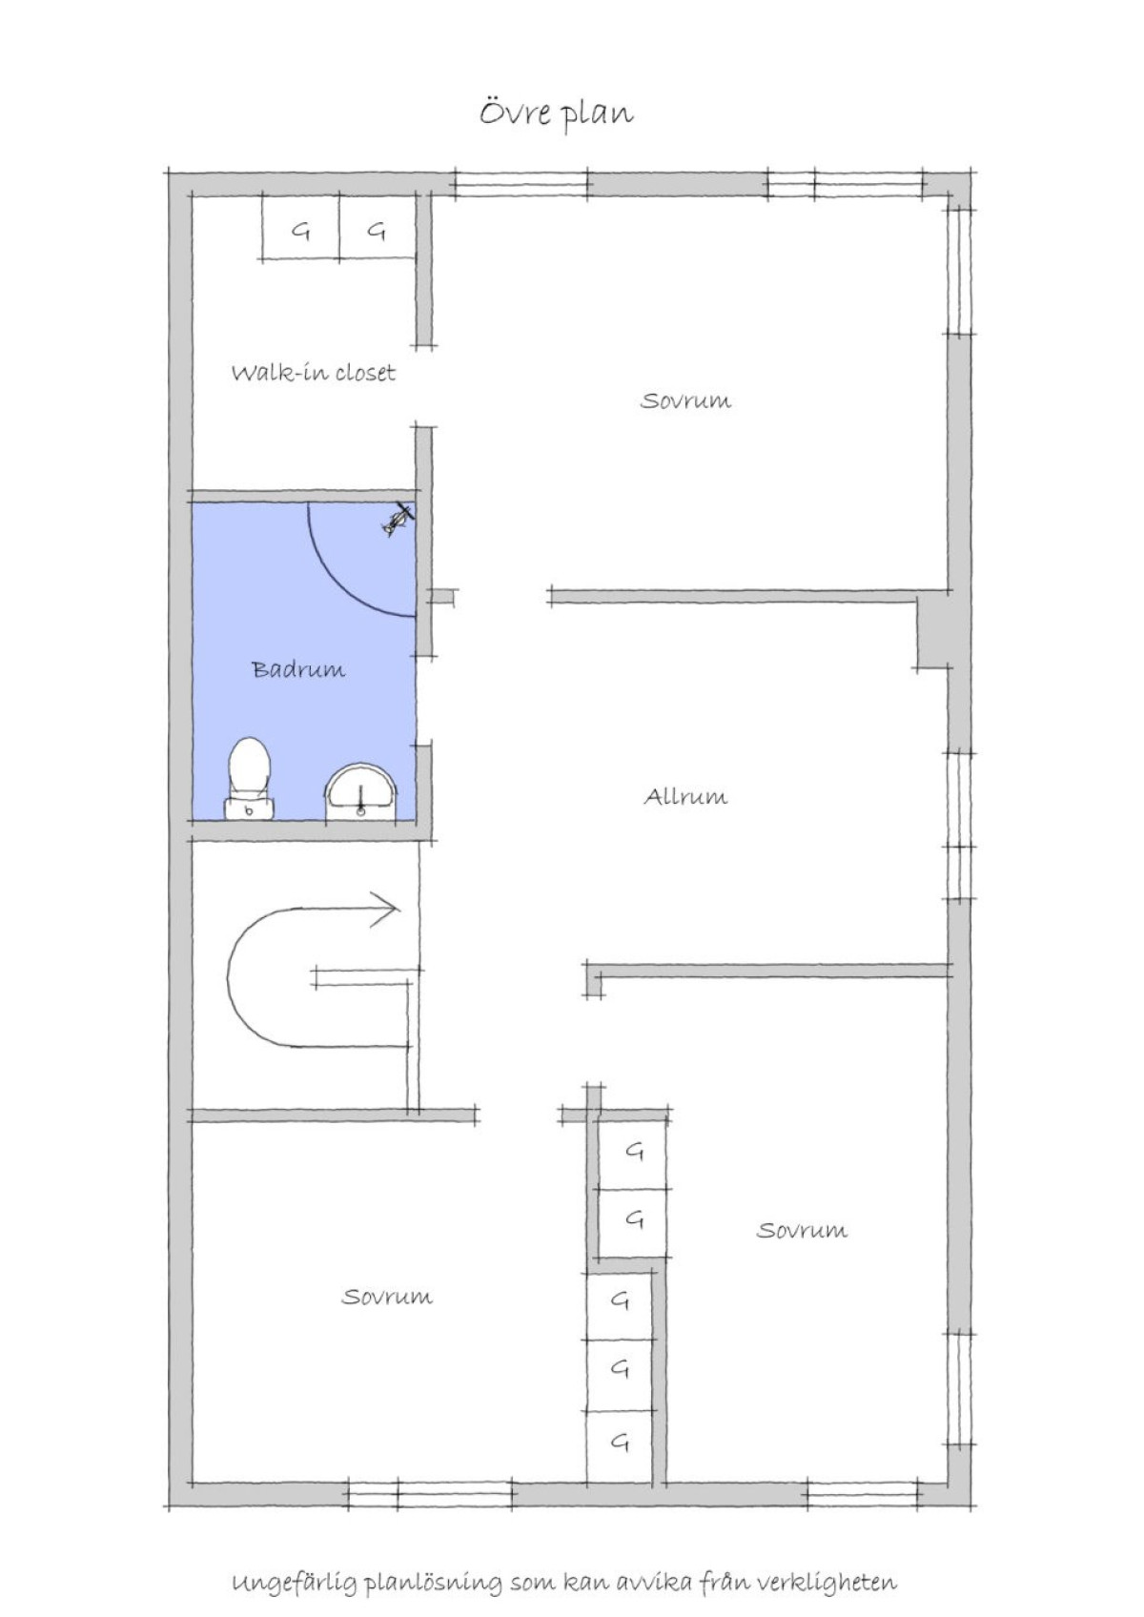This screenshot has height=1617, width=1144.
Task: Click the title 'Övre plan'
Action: point(557,114)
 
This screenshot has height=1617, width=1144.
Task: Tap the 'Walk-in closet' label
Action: point(314,373)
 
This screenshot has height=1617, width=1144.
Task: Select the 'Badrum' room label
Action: point(298,669)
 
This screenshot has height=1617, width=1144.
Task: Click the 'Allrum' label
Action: point(685,797)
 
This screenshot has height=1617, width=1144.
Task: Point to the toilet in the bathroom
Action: point(249,778)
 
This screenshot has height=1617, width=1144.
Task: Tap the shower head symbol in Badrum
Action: point(398,520)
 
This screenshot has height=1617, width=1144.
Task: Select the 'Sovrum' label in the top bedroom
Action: point(685,399)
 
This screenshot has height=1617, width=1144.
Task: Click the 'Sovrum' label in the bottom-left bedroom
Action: point(387,1298)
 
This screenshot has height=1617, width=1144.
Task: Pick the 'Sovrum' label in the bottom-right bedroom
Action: point(802,1230)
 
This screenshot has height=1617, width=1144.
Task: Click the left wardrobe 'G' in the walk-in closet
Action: point(301,232)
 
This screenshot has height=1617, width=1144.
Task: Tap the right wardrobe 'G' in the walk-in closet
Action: point(376,232)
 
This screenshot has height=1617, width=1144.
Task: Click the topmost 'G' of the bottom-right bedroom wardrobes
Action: point(634,1152)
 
